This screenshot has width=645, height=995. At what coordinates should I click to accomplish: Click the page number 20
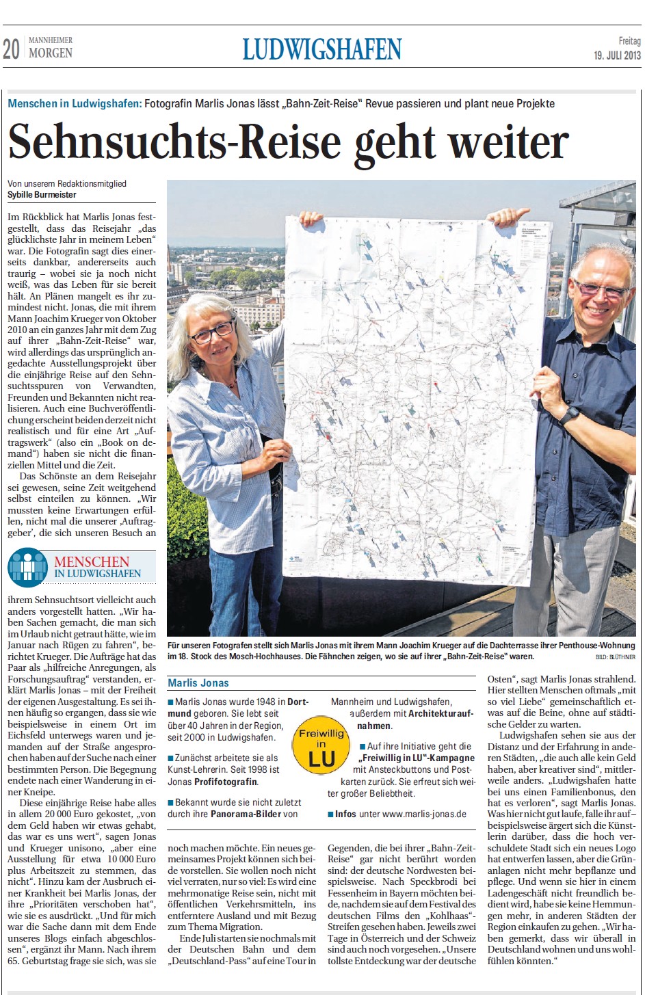click(12, 49)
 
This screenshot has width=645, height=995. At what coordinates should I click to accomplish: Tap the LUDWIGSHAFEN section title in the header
click(321, 49)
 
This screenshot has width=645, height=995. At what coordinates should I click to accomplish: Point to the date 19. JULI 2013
click(617, 55)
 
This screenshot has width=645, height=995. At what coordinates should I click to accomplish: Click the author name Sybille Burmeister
click(42, 195)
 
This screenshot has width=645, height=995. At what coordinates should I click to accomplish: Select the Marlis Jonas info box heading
click(198, 682)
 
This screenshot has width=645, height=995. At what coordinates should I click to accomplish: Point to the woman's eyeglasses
click(212, 332)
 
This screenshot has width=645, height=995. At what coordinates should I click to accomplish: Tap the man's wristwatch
click(570, 415)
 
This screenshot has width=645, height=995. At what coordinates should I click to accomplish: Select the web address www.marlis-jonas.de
click(424, 814)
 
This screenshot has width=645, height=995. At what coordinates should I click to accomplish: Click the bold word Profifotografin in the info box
click(226, 781)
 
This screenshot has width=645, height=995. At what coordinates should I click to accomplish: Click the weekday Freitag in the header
click(629, 42)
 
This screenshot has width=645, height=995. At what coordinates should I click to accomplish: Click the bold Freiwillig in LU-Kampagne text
click(418, 758)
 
